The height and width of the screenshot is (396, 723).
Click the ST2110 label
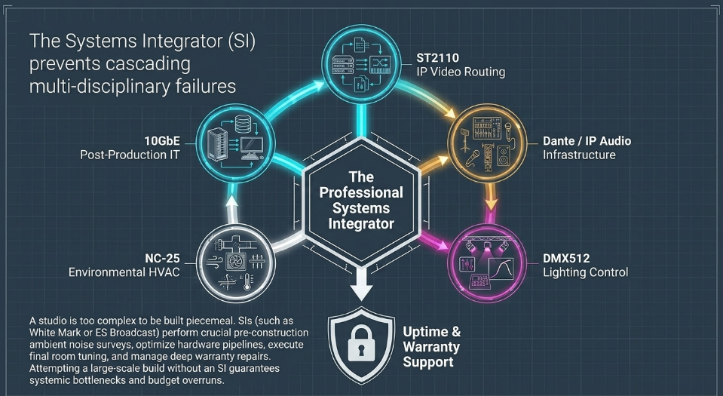pos(437,57)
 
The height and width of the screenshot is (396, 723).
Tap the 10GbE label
pos(162,141)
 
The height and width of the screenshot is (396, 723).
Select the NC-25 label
pos(162,258)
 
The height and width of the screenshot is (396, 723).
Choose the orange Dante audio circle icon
pos(487,143)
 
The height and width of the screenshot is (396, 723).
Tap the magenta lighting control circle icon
pos(487,263)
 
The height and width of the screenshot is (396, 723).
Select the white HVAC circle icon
pos(236,263)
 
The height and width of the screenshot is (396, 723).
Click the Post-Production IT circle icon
pos(236,143)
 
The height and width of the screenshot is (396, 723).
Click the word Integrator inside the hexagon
pos(361,224)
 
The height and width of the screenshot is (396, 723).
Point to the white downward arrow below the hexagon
pos(361,283)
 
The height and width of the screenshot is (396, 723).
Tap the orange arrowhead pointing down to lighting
pos(492,204)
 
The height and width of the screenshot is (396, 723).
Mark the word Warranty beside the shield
pos(431,347)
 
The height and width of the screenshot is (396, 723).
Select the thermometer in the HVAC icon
pos(247,281)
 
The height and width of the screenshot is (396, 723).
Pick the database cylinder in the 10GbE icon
pos(243,124)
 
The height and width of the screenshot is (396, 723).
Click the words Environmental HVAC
pos(124,272)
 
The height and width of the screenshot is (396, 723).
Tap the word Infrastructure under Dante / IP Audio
pos(579,155)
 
